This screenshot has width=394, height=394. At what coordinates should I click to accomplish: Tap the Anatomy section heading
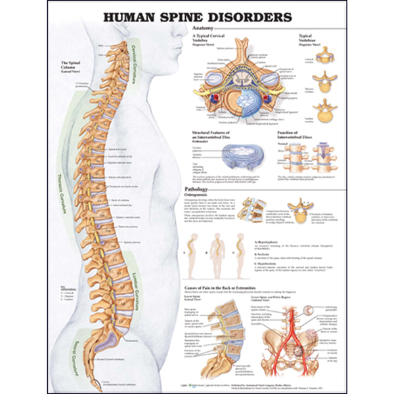pyautogui.click(x=203, y=29)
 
